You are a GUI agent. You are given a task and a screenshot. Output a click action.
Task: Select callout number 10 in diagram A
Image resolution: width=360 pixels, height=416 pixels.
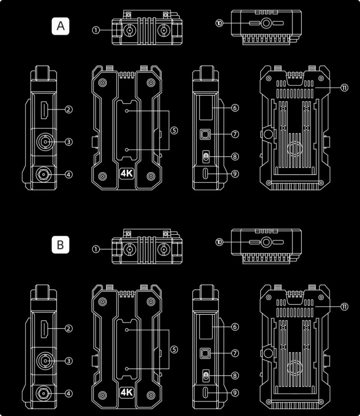[220, 24]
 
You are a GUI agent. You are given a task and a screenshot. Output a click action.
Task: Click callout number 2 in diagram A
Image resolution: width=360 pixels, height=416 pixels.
[69, 109]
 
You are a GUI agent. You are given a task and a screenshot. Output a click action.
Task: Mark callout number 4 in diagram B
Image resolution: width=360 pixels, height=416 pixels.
[69, 393]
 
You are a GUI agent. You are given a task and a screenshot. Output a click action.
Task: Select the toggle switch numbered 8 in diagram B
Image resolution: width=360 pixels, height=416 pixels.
[206, 375]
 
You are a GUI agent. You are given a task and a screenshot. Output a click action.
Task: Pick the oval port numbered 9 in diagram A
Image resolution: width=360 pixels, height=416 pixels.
[206, 174]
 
